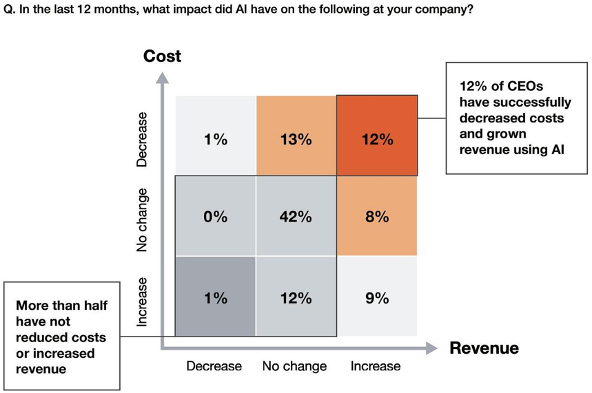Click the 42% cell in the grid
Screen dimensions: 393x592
coord(296,217)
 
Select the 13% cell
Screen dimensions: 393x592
coord(296,140)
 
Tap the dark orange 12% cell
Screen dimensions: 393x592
coord(377,140)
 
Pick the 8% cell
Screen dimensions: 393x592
coord(377,217)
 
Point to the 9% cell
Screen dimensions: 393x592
coord(377,298)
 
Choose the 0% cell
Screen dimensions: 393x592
coord(215,217)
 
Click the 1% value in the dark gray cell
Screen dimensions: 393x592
coord(215,298)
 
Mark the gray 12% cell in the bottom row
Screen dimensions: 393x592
coord(296,298)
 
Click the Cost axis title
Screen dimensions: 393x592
coord(162,56)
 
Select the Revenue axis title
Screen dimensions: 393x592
coord(484,348)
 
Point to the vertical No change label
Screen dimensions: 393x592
coord(142,219)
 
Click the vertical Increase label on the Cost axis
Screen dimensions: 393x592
coord(142,301)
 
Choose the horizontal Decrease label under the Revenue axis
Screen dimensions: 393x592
coord(214,366)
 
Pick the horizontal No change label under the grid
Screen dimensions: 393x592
coord(294,366)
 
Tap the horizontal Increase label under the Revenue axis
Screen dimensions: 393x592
coord(375,366)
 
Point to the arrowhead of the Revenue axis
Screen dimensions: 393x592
coord(432,348)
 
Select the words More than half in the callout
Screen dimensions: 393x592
coord(61,306)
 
